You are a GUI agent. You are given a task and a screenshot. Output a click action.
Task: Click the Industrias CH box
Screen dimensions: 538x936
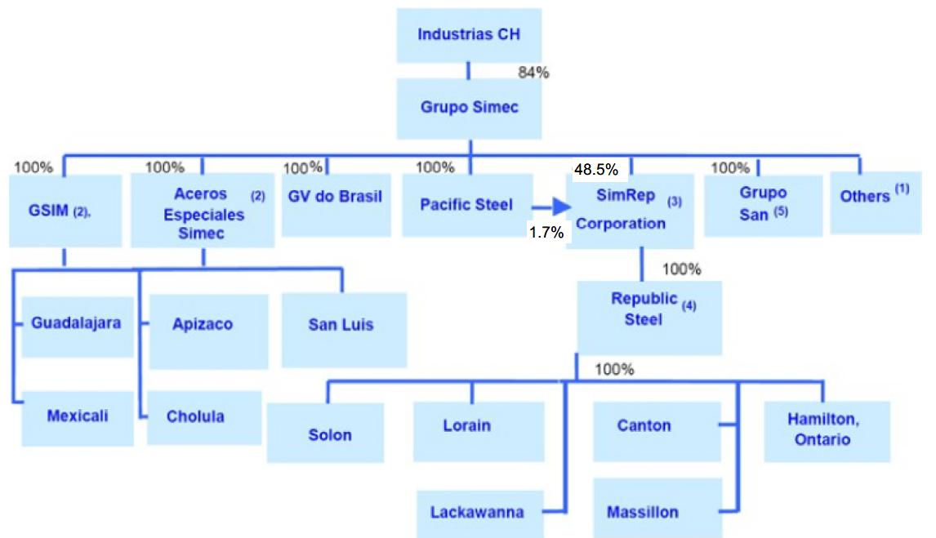[468, 35]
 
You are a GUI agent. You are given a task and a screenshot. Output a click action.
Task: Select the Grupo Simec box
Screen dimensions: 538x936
[469, 108]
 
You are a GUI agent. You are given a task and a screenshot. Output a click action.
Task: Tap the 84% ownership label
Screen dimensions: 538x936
[534, 73]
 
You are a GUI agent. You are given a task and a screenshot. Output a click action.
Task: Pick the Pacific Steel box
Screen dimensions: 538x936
[466, 204]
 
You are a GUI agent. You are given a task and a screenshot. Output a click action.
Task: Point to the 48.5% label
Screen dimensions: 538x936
[595, 170]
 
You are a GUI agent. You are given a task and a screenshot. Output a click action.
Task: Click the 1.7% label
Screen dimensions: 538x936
[546, 233]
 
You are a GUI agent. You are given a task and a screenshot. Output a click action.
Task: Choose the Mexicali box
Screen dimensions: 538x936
[77, 416]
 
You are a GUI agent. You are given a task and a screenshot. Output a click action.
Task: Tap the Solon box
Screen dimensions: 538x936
[330, 434]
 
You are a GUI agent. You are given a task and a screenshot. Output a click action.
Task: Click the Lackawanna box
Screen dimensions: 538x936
[477, 513]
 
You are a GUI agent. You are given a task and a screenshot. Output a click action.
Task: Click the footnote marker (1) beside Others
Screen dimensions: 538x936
[901, 189]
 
